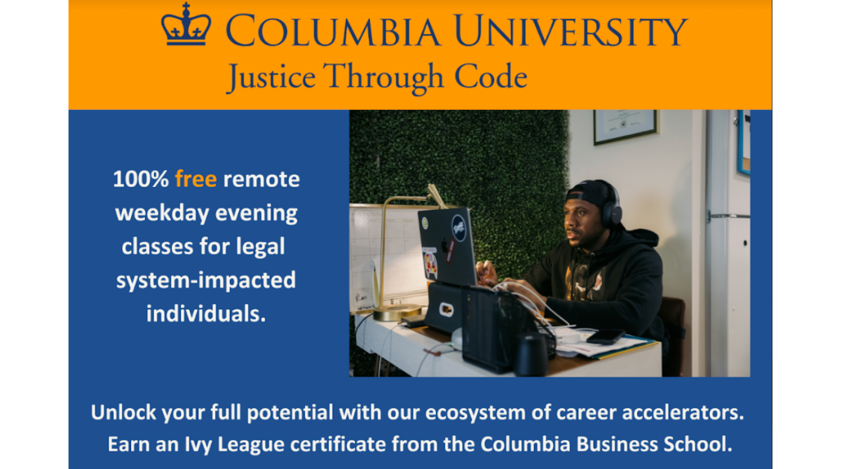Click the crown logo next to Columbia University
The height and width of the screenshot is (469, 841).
186,27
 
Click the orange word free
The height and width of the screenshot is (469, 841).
196,179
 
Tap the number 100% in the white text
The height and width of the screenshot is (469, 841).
141,179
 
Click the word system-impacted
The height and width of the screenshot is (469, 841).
205,280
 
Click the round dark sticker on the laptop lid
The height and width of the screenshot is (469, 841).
458,226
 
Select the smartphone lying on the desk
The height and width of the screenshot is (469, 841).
606,337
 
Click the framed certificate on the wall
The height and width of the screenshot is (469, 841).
626,126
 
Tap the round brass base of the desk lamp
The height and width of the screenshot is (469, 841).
397,313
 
